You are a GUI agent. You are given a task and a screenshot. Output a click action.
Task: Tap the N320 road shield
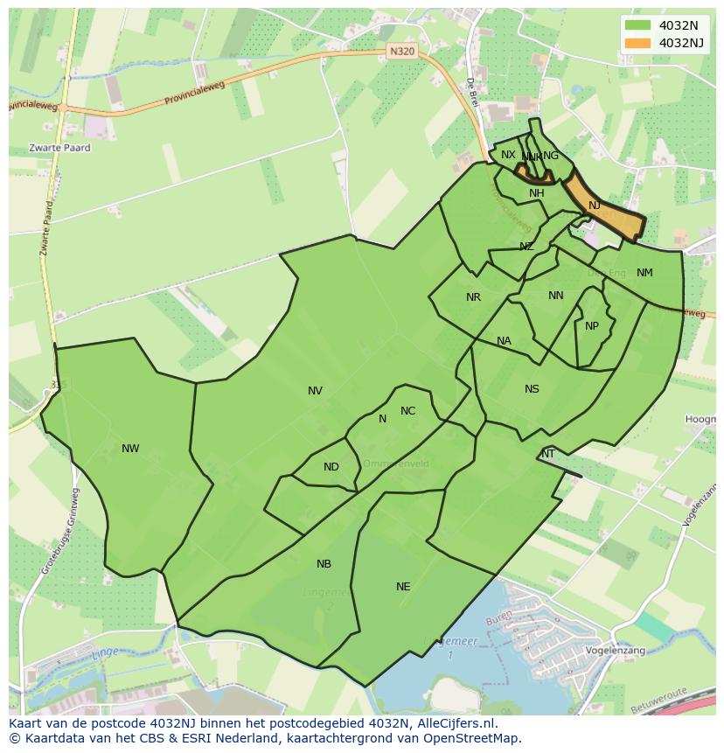tap(401, 52)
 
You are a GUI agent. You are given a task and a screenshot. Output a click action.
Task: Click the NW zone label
tap(130, 449)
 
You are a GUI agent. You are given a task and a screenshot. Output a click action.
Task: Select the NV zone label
tap(315, 391)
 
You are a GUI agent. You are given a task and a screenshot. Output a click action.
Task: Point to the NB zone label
tap(324, 564)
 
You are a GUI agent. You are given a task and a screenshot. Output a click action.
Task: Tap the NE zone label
tap(403, 587)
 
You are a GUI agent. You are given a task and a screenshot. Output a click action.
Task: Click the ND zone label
tap(331, 467)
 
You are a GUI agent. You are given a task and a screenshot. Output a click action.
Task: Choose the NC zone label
tap(407, 411)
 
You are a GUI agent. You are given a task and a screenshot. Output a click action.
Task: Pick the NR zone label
tap(473, 297)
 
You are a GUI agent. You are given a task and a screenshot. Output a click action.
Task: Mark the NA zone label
tap(504, 341)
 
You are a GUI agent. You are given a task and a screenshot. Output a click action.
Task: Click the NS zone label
tap(532, 389)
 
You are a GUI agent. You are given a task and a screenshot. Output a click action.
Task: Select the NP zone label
tap(592, 326)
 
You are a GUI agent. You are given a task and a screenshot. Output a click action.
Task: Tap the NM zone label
tap(644, 273)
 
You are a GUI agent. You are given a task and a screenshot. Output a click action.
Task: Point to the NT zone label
tap(548, 454)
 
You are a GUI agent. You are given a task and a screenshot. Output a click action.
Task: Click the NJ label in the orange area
tap(595, 206)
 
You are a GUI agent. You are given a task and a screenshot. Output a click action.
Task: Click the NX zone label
tap(508, 155)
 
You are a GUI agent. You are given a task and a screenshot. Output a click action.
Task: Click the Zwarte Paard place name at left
tap(59, 148)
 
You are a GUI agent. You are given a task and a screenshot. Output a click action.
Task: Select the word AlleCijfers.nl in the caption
tap(455, 723)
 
